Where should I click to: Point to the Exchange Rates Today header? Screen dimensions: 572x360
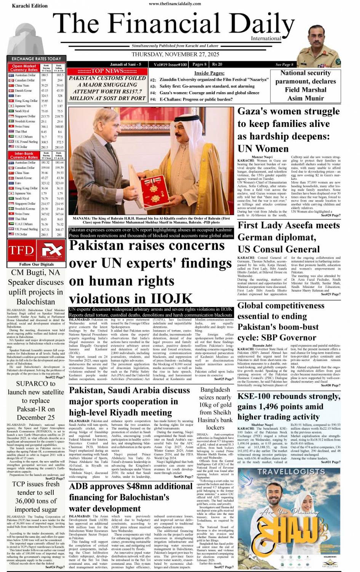[x=36, y=59]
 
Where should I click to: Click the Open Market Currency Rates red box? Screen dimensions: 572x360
[x=24, y=68]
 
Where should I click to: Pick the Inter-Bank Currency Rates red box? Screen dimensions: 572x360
[x=24, y=155]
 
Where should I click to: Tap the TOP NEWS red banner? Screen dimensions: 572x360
[x=107, y=71]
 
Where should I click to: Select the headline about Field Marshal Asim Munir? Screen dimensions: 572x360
[x=306, y=86]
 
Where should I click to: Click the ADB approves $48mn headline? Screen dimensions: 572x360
[x=131, y=497]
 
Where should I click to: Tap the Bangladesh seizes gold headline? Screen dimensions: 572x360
[x=215, y=408]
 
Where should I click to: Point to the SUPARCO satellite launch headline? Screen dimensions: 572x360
[x=36, y=400]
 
